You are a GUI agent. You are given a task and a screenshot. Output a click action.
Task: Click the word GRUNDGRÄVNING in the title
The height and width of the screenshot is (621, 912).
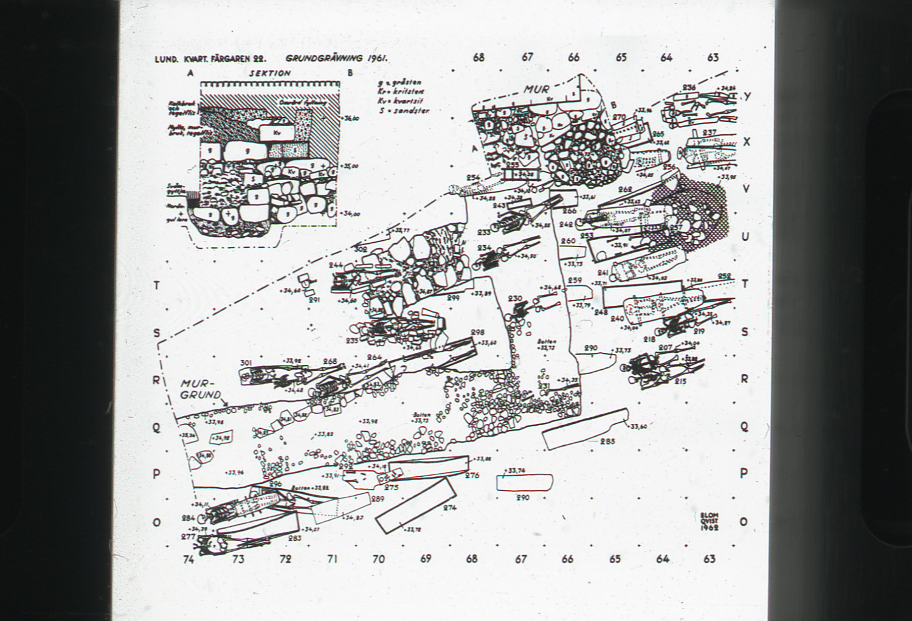point(324,59)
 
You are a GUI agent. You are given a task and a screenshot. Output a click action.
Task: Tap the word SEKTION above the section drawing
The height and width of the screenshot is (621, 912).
point(270,73)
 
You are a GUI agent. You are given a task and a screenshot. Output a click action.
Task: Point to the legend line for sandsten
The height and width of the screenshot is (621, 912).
point(404,111)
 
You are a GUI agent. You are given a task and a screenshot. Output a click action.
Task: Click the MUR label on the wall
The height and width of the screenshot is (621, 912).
point(537,89)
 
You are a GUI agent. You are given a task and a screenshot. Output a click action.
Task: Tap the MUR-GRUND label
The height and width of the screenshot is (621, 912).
point(201,389)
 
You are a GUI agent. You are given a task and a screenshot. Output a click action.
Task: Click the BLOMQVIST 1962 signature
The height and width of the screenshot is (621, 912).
point(709,522)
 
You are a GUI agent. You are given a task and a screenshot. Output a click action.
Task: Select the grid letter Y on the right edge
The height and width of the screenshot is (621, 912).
point(747,96)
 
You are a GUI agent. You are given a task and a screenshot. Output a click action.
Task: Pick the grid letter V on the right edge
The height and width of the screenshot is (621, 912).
point(746,189)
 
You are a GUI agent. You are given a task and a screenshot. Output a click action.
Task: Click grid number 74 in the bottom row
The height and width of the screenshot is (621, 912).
point(188,559)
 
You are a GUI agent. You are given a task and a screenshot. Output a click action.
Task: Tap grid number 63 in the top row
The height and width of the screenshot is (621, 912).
point(713,58)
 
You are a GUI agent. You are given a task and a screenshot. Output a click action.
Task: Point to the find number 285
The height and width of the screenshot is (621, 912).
point(607,441)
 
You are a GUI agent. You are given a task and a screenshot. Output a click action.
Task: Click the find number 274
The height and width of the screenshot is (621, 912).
point(450,508)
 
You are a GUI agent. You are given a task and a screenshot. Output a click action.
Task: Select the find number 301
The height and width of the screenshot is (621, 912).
point(246,363)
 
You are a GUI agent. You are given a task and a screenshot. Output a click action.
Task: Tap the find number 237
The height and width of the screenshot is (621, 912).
point(709,133)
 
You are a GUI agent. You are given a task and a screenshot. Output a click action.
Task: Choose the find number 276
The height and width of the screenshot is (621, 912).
point(472,476)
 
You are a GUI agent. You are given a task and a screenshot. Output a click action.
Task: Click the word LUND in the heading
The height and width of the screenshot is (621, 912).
point(166,60)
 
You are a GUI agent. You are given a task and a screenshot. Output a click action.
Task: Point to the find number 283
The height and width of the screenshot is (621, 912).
point(295,538)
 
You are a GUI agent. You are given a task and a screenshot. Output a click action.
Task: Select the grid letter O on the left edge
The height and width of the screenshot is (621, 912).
point(157,522)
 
